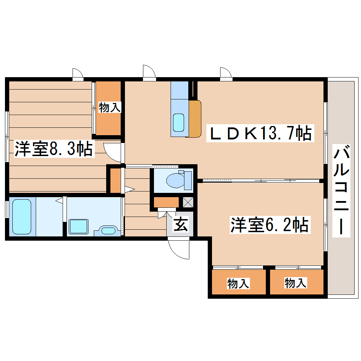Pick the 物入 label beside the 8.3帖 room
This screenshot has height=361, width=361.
[x=110, y=107]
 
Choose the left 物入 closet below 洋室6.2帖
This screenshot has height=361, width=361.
[x=238, y=283]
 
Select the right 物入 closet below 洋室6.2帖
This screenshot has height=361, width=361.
[x=296, y=283]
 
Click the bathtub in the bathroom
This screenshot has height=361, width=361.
[x=22, y=217]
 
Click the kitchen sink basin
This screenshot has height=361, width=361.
[x=179, y=122]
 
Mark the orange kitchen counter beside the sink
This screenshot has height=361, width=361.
[x=194, y=119]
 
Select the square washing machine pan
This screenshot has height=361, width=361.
[x=78, y=227]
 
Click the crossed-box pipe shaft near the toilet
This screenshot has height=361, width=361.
[x=188, y=202]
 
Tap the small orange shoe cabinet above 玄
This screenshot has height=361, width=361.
[x=166, y=202]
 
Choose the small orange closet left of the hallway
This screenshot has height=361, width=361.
[x=115, y=181]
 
